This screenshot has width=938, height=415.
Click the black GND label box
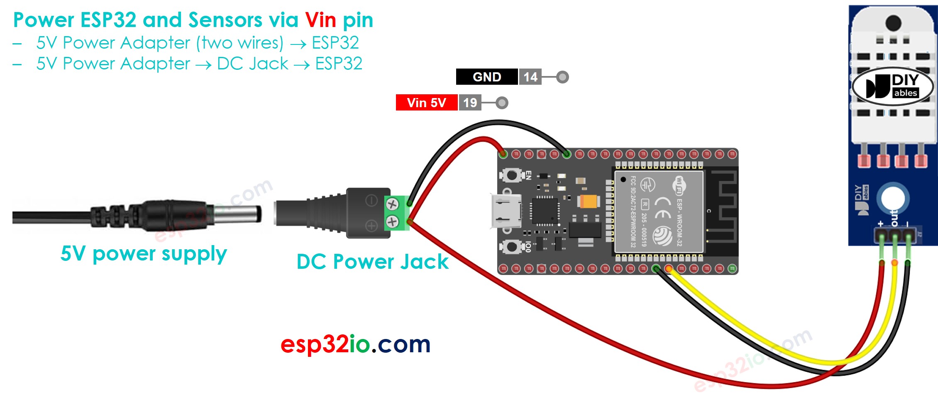(x=486, y=77)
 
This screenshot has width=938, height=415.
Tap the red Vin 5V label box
(x=426, y=103)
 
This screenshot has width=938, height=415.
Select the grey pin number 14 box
(x=530, y=77)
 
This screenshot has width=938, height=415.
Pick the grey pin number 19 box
(x=470, y=103)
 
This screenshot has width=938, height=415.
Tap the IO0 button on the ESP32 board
(x=512, y=246)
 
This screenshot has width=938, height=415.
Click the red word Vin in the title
(x=320, y=20)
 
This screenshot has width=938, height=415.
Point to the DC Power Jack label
(x=372, y=262)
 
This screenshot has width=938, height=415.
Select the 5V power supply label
(x=144, y=253)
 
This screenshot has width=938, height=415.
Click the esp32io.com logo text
(x=355, y=344)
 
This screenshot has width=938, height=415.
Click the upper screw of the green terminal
(x=392, y=204)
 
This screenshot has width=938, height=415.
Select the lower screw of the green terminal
(x=392, y=222)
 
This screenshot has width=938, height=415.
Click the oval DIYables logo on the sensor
(x=892, y=86)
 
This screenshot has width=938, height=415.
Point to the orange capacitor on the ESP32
(x=589, y=202)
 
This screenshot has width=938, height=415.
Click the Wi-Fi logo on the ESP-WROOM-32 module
(x=679, y=185)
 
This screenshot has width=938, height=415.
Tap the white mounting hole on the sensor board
(x=893, y=199)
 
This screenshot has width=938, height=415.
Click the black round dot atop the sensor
(x=893, y=23)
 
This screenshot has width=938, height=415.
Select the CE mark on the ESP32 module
(x=662, y=208)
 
